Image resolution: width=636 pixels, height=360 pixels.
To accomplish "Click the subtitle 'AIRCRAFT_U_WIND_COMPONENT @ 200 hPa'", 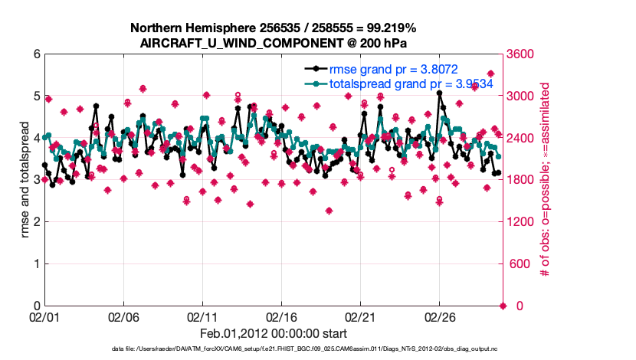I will (x=273, y=43).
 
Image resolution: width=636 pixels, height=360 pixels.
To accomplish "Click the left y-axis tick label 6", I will (x=35, y=54).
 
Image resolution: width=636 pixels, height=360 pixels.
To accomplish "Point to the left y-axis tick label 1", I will (x=35, y=264).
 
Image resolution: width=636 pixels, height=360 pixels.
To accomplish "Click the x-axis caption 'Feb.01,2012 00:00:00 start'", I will (x=273, y=333).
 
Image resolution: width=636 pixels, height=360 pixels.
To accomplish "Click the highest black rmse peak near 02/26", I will (x=439, y=93).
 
